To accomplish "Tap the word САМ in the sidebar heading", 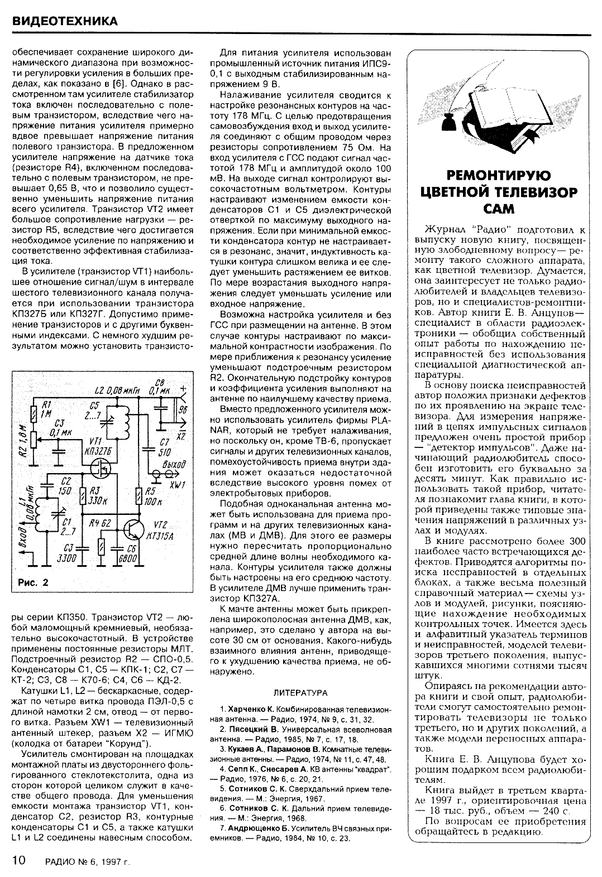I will [x=498, y=208].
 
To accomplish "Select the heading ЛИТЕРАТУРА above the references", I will [x=300, y=692].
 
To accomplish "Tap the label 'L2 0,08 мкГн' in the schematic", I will [x=117, y=389].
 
